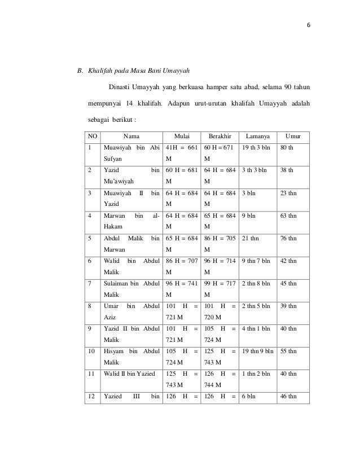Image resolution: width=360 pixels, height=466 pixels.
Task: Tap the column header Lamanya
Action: (x=258, y=136)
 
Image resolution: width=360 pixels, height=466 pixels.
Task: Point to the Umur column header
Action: (x=293, y=136)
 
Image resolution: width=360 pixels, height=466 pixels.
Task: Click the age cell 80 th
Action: (x=286, y=148)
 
